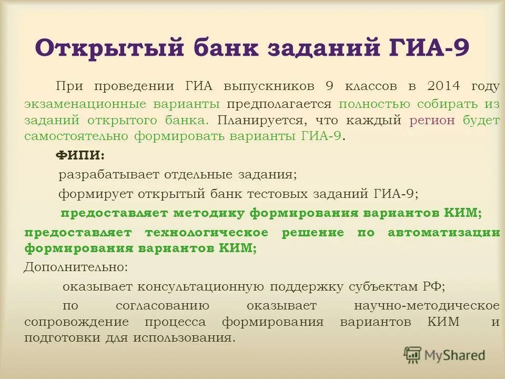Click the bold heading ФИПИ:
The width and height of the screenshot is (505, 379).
[x=80, y=155]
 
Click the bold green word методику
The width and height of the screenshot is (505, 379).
[x=199, y=213]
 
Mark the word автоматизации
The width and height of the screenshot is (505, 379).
[x=443, y=232]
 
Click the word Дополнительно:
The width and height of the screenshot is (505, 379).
[x=76, y=267]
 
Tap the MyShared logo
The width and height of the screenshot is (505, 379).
[x=445, y=355]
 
